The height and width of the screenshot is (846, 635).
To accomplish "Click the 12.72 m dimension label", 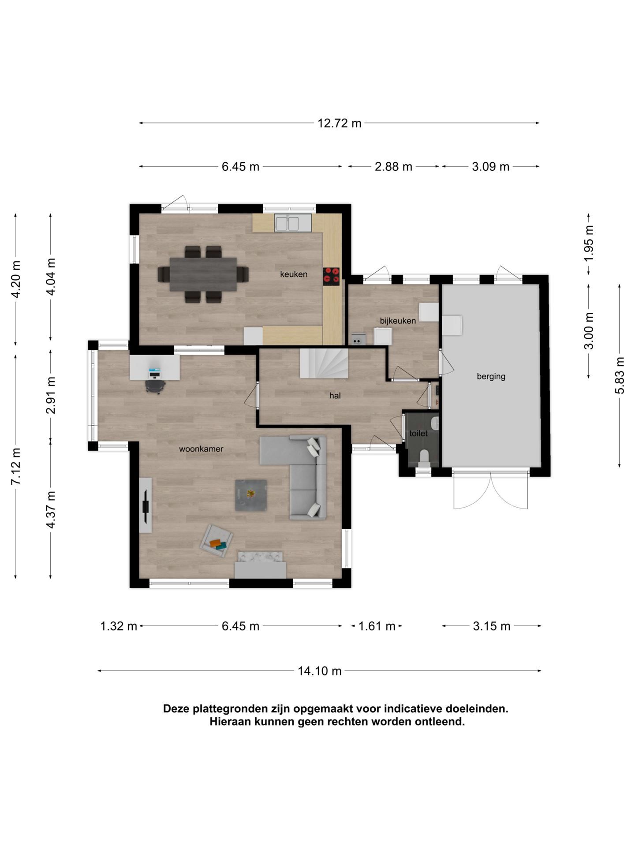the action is pyautogui.click(x=339, y=123).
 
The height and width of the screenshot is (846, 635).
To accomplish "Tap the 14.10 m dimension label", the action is pyautogui.click(x=319, y=671).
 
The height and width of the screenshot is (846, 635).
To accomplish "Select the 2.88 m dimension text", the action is pyautogui.click(x=393, y=167).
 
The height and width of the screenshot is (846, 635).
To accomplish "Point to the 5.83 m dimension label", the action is pyautogui.click(x=620, y=375).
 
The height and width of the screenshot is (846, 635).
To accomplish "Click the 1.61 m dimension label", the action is pyautogui.click(x=377, y=626).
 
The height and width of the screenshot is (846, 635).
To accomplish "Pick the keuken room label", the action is pyautogui.click(x=294, y=274).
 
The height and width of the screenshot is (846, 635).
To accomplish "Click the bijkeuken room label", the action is pyautogui.click(x=398, y=321).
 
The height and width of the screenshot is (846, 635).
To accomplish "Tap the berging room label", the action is pyautogui.click(x=491, y=376).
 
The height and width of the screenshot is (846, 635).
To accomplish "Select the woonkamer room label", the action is pyautogui.click(x=201, y=449).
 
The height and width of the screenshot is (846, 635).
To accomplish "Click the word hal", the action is pyautogui.click(x=335, y=396).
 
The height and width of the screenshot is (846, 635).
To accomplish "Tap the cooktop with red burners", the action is pyautogui.click(x=331, y=277).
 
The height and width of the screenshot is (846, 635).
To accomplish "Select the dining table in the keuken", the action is pyautogui.click(x=203, y=274).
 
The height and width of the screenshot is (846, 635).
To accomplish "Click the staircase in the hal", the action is pyautogui.click(x=324, y=363).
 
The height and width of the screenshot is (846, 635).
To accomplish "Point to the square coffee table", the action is pyautogui.click(x=251, y=495).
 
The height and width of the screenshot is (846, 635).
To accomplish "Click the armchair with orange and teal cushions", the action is pyautogui.click(x=216, y=541).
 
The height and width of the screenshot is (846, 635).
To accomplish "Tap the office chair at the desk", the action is pyautogui.click(x=155, y=385).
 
